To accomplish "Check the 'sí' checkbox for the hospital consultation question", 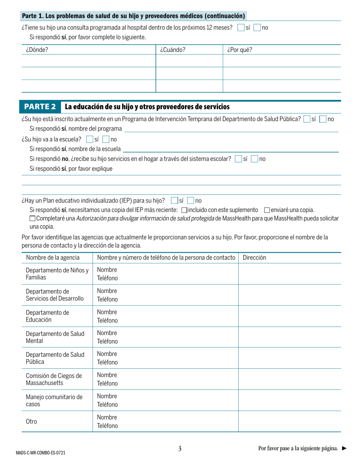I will click(241, 28).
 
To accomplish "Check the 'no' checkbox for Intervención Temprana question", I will click(323, 119).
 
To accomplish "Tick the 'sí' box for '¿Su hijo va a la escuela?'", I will click(90, 139).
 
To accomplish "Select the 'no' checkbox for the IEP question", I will click(191, 201).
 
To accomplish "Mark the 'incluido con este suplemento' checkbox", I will click(184, 210).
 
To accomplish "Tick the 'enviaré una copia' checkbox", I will click(267, 210).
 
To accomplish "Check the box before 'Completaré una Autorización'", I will click(32, 218).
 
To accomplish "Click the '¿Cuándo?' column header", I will click(172, 50).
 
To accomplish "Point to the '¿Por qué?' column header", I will click(239, 50).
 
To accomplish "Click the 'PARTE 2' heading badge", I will click(40, 107).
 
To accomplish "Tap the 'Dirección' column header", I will click(254, 258).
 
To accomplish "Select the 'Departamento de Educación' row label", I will click(47, 316).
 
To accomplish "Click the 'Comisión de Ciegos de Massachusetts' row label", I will click(53, 379).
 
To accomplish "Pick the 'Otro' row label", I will click(31, 421).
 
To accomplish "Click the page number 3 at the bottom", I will click(180, 449).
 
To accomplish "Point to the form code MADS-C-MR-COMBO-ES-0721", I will click(43, 453).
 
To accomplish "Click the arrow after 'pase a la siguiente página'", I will click(344, 449).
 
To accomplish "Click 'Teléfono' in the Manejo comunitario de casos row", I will click(107, 405).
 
